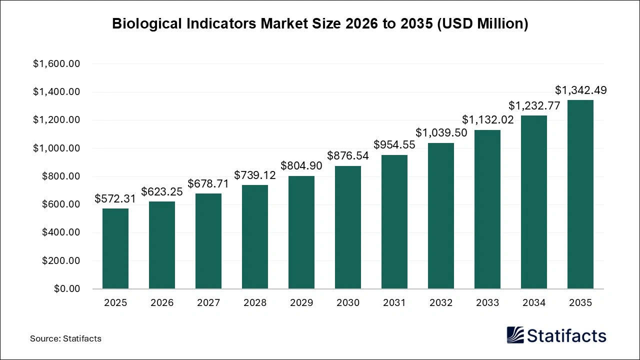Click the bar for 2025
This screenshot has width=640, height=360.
115,248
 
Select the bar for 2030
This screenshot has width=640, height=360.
348,227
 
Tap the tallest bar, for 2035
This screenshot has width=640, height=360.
580,194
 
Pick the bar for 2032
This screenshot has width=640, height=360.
441,216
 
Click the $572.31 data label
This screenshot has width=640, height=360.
115,199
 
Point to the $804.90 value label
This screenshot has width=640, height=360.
301,166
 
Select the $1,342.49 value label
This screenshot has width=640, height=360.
580,90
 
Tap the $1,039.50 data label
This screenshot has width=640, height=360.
441,133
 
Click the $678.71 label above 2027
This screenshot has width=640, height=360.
208,183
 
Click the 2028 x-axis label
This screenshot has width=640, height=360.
255,303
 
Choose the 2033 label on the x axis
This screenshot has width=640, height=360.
487,303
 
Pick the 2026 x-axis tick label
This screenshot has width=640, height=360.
162,303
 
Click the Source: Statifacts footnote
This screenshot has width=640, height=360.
65,338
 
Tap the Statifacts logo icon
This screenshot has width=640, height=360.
515,335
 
